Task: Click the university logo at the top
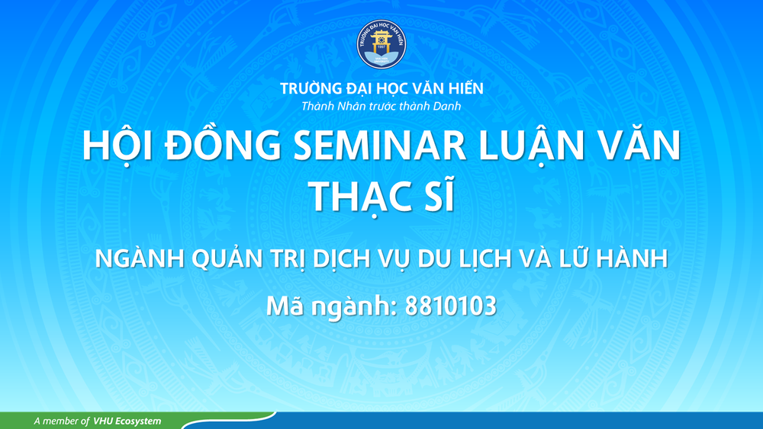point(381,43)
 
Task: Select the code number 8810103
point(451,306)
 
